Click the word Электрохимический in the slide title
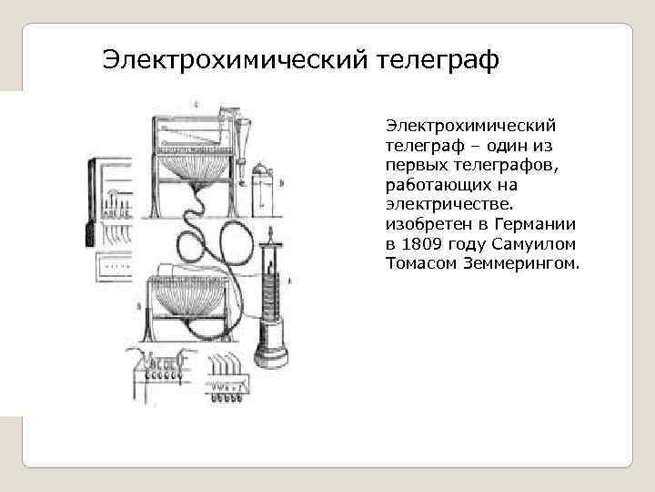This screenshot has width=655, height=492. [235, 60]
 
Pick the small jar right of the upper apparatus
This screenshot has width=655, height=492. [263, 187]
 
